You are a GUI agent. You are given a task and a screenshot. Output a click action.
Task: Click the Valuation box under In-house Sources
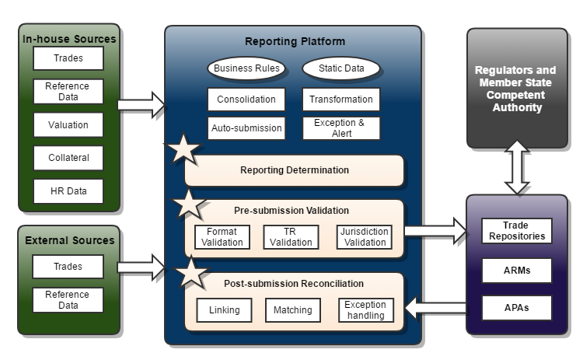tap(68, 124)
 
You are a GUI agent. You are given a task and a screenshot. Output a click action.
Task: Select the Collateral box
tap(68, 158)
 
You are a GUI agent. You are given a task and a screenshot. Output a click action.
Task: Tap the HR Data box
tap(68, 191)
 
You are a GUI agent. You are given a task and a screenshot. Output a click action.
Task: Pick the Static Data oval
tap(340, 68)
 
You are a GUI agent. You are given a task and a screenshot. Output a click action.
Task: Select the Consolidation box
tap(246, 100)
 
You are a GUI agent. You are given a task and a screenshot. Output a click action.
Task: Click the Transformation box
tap(340, 100)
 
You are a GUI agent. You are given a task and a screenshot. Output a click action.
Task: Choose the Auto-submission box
tap(246, 128)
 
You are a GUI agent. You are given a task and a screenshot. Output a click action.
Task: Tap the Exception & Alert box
tap(340, 128)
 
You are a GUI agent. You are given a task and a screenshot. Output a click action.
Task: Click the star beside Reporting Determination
tap(184, 149)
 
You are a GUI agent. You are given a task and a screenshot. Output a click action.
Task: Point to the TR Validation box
tap(291, 236)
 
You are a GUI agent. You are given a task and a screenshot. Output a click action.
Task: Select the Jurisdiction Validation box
tap(364, 236)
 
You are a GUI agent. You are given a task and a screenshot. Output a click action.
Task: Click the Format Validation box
tap(222, 236)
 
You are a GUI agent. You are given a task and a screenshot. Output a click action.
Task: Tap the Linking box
tap(224, 310)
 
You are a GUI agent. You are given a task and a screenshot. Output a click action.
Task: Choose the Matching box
tap(292, 310)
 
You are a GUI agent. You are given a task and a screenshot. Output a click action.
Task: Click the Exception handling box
tap(365, 309)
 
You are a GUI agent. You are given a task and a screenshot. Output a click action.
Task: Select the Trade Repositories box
tap(516, 231)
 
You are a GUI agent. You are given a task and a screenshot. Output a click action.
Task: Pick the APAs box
tap(516, 307)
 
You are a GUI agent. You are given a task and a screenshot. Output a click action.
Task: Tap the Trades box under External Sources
tap(68, 267)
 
